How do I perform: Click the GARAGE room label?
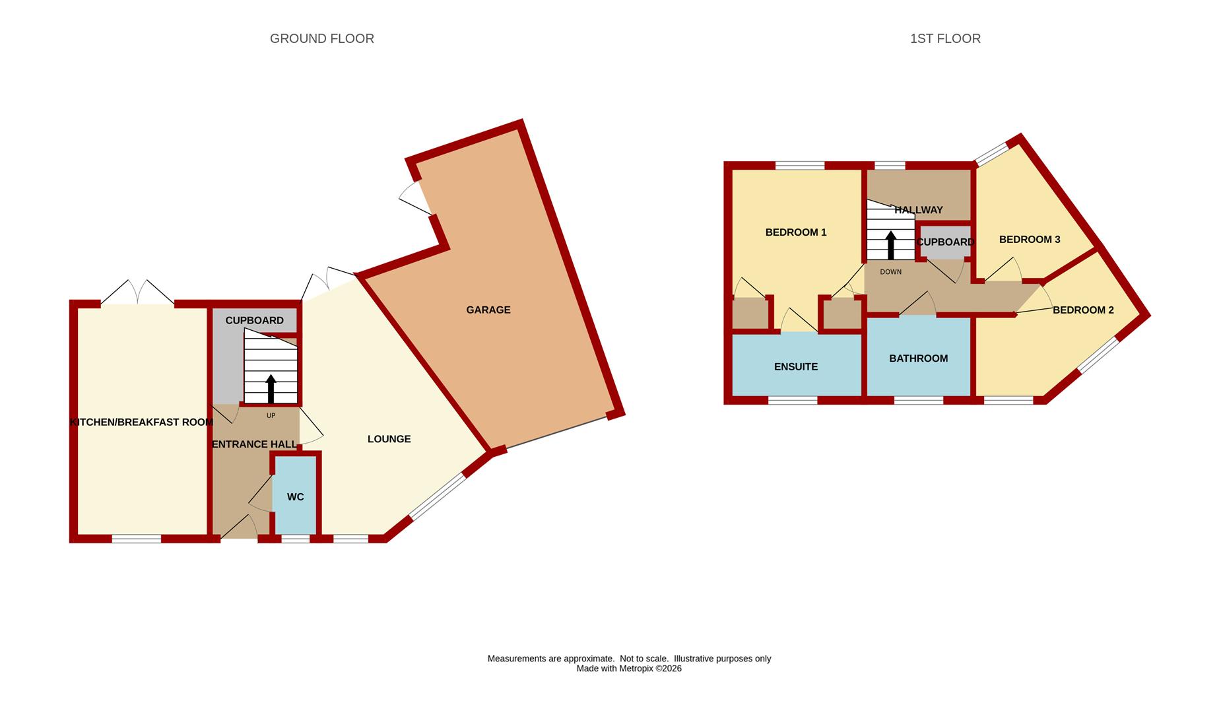(488, 310)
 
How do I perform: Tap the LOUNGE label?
(389, 439)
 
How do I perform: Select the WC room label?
(296, 496)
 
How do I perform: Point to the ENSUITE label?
(796, 366)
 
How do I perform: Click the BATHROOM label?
(919, 358)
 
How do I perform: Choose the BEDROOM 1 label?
(796, 232)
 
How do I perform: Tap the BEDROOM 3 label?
(1030, 240)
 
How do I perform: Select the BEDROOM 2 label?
(1083, 310)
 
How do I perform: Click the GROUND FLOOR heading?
(322, 39)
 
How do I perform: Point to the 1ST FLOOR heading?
(945, 39)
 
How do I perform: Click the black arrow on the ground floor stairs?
(271, 389)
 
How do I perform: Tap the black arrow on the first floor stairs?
(891, 245)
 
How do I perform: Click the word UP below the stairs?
(271, 416)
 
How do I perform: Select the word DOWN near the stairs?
(890, 272)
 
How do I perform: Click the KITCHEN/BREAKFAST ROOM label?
(141, 423)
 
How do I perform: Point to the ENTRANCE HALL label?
(254, 444)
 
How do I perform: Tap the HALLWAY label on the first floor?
(918, 210)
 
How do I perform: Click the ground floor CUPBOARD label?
(254, 321)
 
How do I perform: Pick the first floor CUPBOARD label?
(945, 242)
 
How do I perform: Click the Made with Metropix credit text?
(629, 669)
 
